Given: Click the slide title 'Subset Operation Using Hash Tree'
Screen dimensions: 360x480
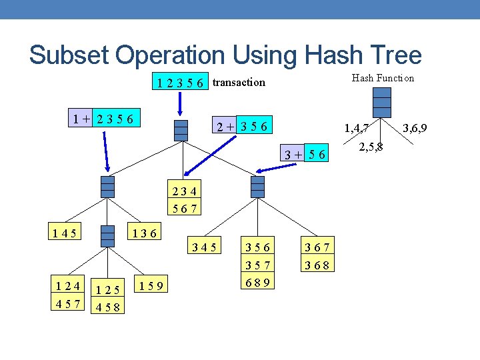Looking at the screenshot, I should tap(225, 55).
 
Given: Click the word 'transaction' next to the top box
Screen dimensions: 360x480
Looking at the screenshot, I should tap(239, 83).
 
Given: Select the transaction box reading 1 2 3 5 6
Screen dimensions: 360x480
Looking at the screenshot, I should tap(180, 83).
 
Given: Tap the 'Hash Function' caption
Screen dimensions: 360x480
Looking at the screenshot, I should tap(383, 78).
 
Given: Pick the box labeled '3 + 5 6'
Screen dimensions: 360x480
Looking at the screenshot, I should tap(304, 155).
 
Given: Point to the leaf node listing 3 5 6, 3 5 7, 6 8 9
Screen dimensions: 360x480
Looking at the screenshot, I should tap(257, 265).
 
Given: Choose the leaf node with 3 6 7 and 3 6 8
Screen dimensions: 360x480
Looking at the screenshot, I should tap(317, 257).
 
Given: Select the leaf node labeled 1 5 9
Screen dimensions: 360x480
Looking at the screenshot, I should tap(153, 287).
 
